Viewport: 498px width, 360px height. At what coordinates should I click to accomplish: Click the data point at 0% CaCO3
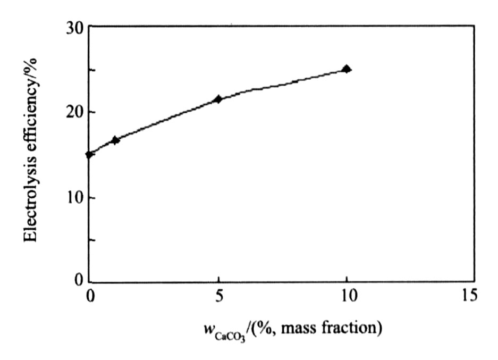click(x=89, y=154)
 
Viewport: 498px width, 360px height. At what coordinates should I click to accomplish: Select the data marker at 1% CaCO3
click(x=115, y=140)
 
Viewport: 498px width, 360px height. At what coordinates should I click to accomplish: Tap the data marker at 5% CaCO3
click(x=218, y=99)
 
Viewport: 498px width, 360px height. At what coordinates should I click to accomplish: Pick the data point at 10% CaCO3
click(x=347, y=69)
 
